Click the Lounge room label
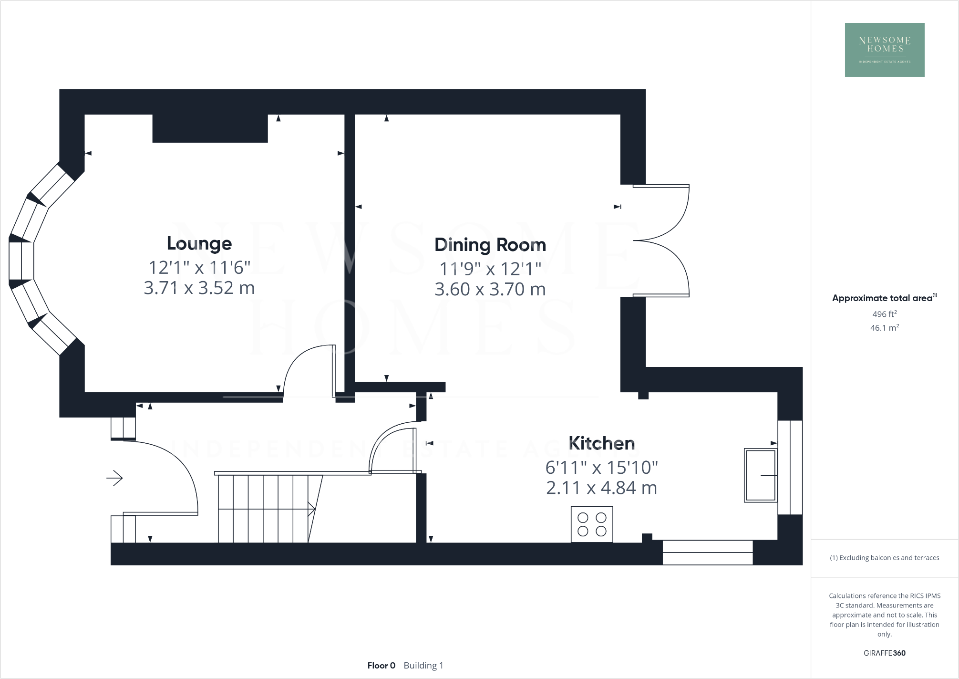tap(199, 244)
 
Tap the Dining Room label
tap(490, 245)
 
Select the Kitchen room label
tap(601, 443)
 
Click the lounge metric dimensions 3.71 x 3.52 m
tap(199, 288)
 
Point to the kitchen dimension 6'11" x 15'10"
tap(601, 468)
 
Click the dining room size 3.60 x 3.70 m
tap(490, 290)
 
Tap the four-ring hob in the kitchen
tap(592, 524)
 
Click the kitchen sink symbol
tap(760, 475)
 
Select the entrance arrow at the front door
tap(114, 478)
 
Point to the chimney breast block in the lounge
tap(210, 128)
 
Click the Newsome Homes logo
tap(884, 50)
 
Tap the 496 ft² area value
tap(884, 314)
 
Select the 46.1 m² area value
tap(884, 328)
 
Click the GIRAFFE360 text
tap(884, 653)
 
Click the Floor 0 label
tap(381, 665)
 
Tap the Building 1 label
tap(423, 665)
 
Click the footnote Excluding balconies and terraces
tap(884, 558)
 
